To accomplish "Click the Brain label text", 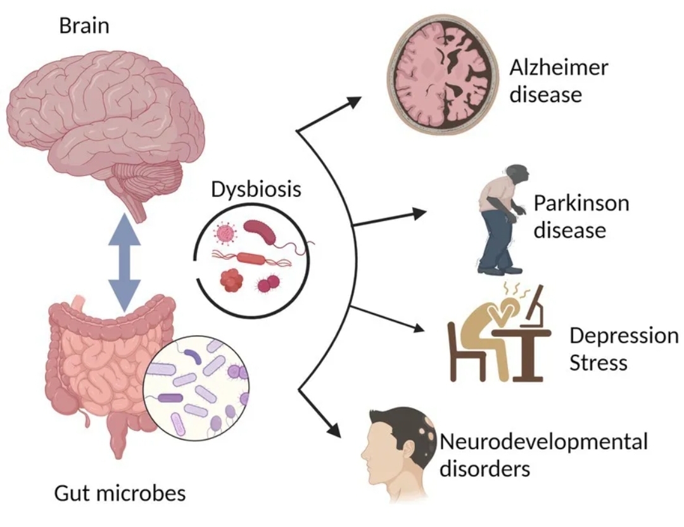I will click(x=84, y=26).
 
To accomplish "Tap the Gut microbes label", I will click(x=120, y=492).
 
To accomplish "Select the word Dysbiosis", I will click(x=256, y=189).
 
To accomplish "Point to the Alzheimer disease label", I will click(x=558, y=80).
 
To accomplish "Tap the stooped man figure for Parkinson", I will click(x=503, y=218).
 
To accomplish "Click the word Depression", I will click(x=623, y=335).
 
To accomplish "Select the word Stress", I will click(x=598, y=363).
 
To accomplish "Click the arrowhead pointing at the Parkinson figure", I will click(x=421, y=213).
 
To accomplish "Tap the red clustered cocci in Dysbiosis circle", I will click(x=232, y=279).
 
